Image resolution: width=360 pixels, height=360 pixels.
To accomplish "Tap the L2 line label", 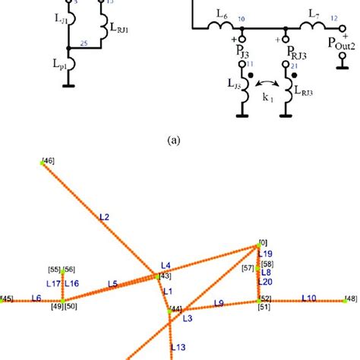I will (x=105, y=217).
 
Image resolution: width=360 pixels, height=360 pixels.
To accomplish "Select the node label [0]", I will (x=263, y=242).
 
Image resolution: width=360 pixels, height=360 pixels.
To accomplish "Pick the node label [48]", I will (x=350, y=298).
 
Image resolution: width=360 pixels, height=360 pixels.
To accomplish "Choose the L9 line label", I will (x=219, y=303).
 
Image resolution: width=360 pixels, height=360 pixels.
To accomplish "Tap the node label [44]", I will (x=175, y=308).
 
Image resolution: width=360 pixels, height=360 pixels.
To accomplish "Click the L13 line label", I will (x=178, y=346).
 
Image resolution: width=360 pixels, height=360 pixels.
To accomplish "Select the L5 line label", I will (x=112, y=283).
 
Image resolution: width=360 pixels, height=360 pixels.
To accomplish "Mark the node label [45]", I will (x=6, y=299).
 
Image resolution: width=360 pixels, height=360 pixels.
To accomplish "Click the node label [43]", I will (x=165, y=276).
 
